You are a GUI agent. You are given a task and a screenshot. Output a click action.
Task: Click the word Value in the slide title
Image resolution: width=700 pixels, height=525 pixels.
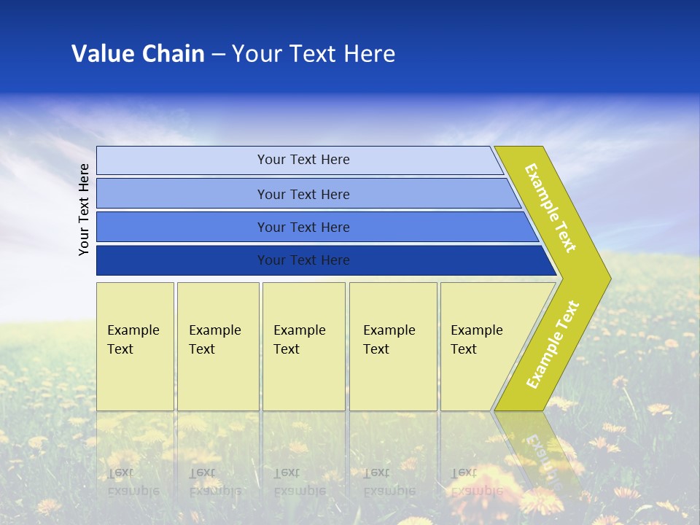(x=102, y=54)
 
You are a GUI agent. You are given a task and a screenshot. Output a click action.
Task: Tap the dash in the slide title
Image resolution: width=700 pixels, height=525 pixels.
(x=218, y=55)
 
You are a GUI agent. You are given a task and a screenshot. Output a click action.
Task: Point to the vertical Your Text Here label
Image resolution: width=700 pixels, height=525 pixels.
(x=84, y=209)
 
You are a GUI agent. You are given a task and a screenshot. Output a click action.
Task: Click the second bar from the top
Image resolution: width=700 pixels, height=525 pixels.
(x=303, y=194)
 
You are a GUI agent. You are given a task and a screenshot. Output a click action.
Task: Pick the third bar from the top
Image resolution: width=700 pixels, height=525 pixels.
(x=303, y=227)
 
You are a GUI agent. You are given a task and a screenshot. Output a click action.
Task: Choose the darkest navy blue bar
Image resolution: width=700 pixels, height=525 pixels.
(x=303, y=260)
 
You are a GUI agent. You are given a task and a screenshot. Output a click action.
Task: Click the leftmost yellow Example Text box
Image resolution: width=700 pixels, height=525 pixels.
(x=135, y=346)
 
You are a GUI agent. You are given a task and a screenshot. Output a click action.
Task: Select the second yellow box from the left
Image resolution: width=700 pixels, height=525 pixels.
(x=217, y=346)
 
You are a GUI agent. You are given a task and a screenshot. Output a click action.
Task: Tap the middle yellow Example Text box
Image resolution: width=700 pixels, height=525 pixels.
(x=303, y=346)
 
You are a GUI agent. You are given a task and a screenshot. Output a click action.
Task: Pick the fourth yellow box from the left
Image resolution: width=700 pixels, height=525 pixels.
(x=392, y=346)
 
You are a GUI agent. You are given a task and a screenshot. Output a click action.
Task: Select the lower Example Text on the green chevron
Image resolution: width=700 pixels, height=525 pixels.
(x=553, y=344)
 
